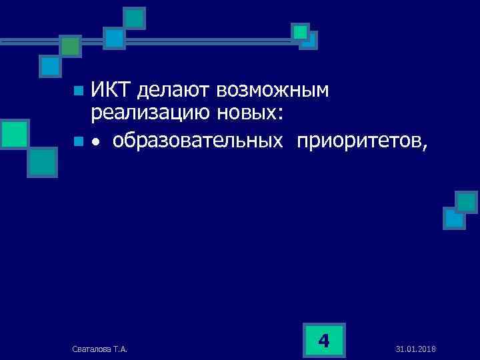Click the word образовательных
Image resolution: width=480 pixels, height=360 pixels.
click(201, 141)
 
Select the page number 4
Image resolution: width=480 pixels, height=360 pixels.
click(324, 341)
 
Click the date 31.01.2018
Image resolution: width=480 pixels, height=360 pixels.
click(415, 349)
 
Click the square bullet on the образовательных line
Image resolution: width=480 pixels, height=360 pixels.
click(79, 141)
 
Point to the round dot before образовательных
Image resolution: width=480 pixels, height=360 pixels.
click(97, 142)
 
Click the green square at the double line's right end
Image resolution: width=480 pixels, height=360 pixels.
click(301, 31)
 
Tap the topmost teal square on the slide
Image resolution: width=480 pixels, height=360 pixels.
click(135, 18)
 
